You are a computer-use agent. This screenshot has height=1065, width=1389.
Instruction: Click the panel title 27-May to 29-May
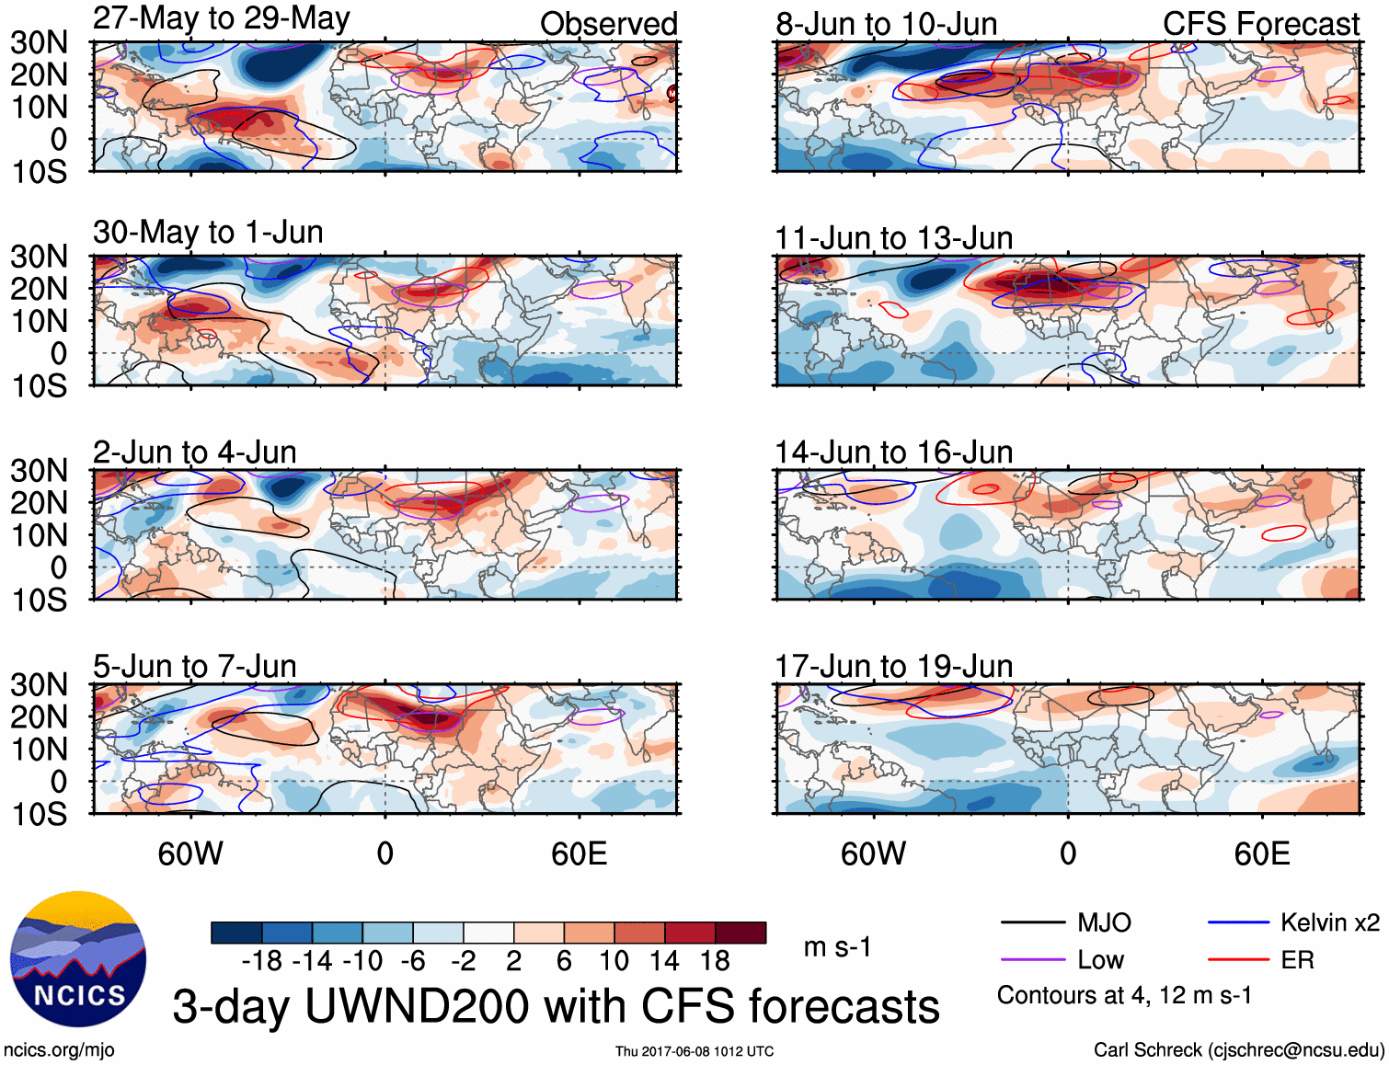pyautogui.click(x=221, y=18)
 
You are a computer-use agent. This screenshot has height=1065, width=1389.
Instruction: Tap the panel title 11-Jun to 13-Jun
pyautogui.click(x=893, y=238)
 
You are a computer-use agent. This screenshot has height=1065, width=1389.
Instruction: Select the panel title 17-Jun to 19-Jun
pyautogui.click(x=893, y=666)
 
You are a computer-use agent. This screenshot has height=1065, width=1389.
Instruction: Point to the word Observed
pyautogui.click(x=608, y=24)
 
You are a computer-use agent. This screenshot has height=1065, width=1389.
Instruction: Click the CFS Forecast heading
pyautogui.click(x=1260, y=24)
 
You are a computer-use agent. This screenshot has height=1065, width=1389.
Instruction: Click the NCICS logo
pyautogui.click(x=78, y=959)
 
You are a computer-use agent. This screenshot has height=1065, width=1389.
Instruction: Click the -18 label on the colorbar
pyautogui.click(x=261, y=961)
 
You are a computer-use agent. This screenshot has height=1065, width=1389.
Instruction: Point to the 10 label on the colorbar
pyautogui.click(x=614, y=961)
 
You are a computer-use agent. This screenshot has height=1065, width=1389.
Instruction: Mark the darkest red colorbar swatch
pyautogui.click(x=740, y=933)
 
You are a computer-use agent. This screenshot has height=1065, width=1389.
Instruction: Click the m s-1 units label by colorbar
pyautogui.click(x=837, y=947)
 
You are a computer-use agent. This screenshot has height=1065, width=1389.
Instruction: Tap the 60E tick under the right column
pyautogui.click(x=1261, y=853)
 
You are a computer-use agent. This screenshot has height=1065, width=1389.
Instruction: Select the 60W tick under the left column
pyautogui.click(x=190, y=853)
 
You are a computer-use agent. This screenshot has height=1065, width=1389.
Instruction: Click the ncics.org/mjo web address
pyautogui.click(x=59, y=1050)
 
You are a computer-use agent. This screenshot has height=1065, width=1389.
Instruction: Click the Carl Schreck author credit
pyautogui.click(x=1238, y=1050)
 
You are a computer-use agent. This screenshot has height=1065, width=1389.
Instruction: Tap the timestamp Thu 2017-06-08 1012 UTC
pyautogui.click(x=694, y=1051)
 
